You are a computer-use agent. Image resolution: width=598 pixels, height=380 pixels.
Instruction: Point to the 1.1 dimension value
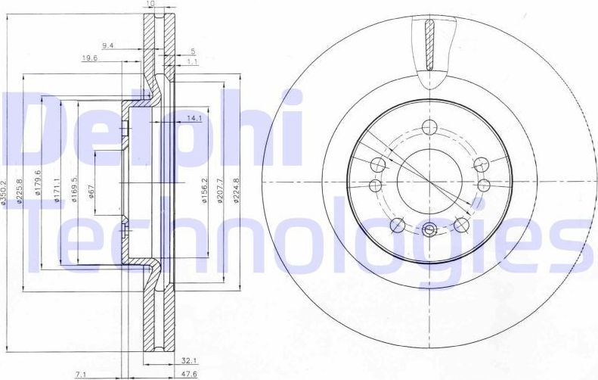pyautogui.click(x=192, y=62)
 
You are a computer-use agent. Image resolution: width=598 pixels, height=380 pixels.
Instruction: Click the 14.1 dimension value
pyautogui.click(x=194, y=118)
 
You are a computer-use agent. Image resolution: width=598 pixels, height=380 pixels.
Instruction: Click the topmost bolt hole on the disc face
pyautogui.click(x=429, y=126)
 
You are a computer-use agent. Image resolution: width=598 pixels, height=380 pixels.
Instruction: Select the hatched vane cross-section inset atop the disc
pyautogui.click(x=429, y=42)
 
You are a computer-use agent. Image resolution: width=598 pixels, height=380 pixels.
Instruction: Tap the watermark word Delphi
pyautogui.click(x=151, y=129)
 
